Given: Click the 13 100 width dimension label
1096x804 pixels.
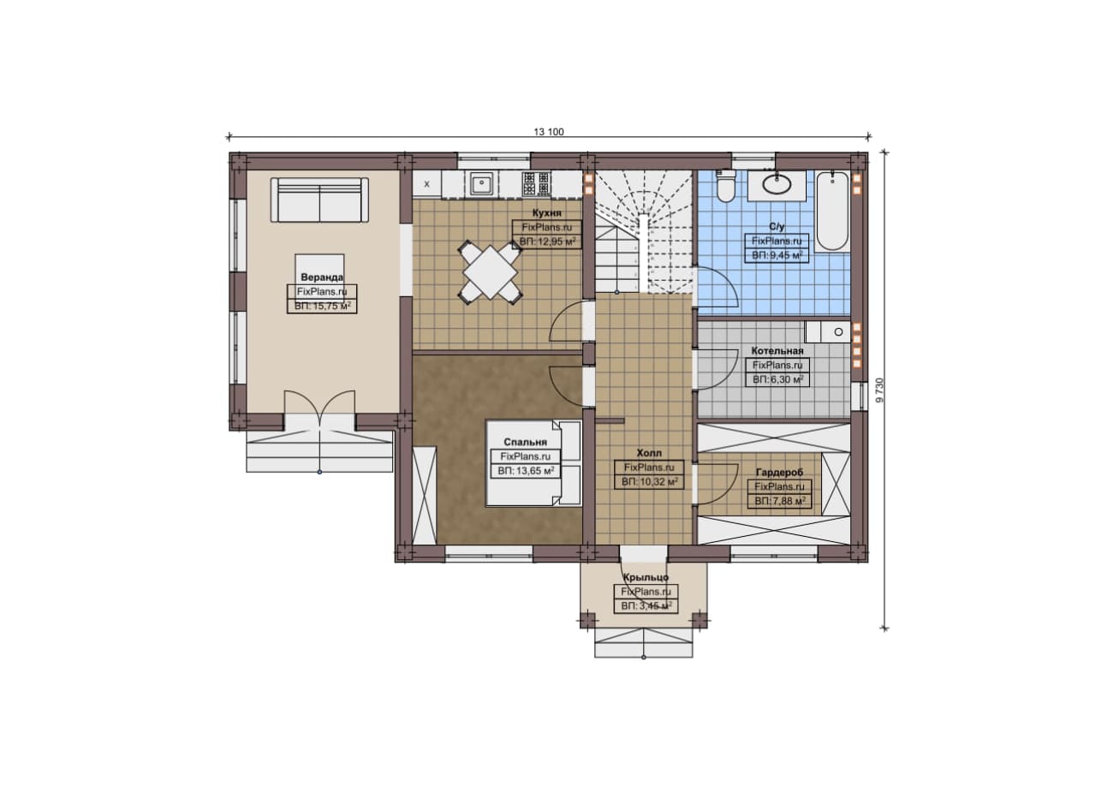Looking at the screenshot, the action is [x=549, y=132].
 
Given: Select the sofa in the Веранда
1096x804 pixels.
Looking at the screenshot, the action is [x=320, y=200].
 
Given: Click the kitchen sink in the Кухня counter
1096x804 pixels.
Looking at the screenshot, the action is [x=482, y=184].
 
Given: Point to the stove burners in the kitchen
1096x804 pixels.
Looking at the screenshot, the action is [x=536, y=184].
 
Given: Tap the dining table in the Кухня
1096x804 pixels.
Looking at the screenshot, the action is [x=491, y=272].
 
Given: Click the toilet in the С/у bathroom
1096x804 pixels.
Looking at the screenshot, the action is [x=724, y=187].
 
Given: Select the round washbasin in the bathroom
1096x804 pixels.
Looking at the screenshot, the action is [x=777, y=184].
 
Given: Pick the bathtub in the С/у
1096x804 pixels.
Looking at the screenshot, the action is [x=833, y=211].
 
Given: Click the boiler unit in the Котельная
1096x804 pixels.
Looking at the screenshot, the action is [x=828, y=331].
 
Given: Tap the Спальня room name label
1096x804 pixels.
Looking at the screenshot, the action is [x=526, y=442].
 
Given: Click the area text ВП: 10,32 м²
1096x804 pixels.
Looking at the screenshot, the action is [x=649, y=482].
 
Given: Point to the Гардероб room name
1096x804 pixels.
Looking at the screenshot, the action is [x=779, y=473].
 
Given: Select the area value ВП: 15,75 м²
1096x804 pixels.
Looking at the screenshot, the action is [x=323, y=307].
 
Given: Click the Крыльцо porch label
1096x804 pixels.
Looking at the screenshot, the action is [x=646, y=577].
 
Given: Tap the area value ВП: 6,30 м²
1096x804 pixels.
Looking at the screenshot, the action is [x=777, y=379].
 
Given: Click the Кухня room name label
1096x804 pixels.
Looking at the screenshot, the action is [x=546, y=213].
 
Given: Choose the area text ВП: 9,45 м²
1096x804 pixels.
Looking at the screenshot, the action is [x=777, y=255].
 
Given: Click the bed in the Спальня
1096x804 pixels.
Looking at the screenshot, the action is [x=533, y=463].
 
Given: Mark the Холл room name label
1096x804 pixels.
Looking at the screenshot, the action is [x=649, y=453].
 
